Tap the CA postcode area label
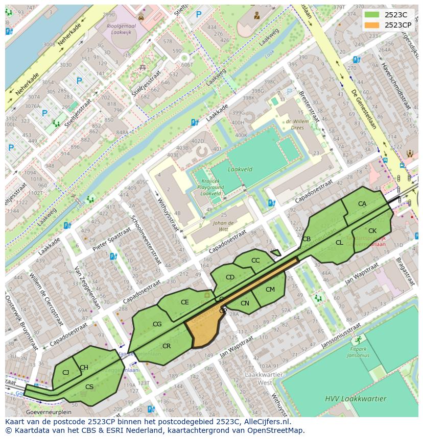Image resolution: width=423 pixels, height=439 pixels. click(362, 204)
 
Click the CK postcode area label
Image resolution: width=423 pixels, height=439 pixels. click(372, 231)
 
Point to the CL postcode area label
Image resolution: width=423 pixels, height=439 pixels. click(339, 243)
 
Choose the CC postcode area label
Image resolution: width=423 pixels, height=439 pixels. click(255, 261)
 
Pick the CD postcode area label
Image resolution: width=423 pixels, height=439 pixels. click(230, 277)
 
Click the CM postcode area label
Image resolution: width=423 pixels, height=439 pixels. click(270, 290)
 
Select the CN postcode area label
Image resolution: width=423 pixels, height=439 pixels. click(245, 303)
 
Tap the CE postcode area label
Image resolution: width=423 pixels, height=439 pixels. click(184, 302)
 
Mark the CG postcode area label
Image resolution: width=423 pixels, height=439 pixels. click(157, 324)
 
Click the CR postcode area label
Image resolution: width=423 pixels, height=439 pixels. click(166, 346)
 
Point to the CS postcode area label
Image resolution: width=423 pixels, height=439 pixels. click(89, 387)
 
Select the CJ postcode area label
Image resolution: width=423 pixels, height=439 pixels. click(65, 373)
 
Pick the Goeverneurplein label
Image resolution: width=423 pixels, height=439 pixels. click(49, 412)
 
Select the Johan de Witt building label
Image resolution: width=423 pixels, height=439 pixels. click(223, 226)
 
